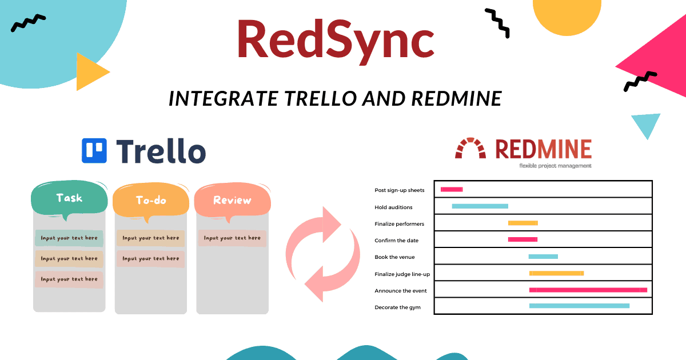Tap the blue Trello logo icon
click(94, 151)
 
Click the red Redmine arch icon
click(470, 148)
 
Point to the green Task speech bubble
click(69, 198)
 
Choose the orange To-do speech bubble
click(151, 201)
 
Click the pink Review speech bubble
click(233, 201)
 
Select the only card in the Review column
click(232, 238)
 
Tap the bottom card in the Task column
click(69, 279)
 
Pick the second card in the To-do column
click(151, 259)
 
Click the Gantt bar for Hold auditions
click(480, 206)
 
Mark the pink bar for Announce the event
click(588, 290)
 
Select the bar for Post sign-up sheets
click(452, 190)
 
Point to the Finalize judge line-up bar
click(556, 273)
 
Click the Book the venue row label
click(394, 257)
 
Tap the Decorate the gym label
click(397, 307)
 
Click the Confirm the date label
click(396, 241)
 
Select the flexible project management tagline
click(555, 166)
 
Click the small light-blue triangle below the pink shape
click(646, 123)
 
